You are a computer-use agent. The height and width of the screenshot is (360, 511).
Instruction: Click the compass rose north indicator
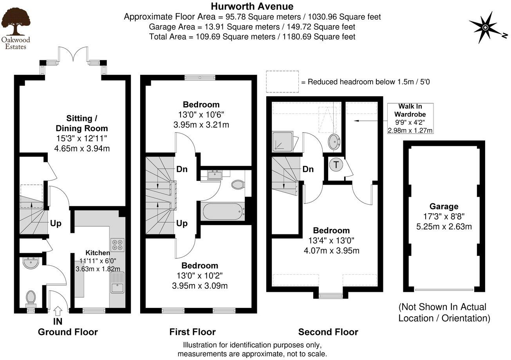[485, 27]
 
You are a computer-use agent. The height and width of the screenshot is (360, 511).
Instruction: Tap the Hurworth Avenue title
[252, 6]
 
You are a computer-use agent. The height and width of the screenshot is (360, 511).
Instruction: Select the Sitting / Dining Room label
[81, 123]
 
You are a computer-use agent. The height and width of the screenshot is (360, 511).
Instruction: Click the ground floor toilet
[31, 298]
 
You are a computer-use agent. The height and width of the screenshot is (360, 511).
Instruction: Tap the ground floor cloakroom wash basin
[30, 263]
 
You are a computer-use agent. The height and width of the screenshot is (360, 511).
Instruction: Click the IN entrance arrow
[58, 311]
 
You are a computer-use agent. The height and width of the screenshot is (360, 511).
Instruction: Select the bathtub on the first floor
[222, 211]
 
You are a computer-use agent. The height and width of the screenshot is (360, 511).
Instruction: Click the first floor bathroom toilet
[238, 184]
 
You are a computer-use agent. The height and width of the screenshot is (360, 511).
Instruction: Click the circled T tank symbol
[336, 165]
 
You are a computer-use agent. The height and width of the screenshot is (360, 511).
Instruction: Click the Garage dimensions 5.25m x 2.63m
[444, 227]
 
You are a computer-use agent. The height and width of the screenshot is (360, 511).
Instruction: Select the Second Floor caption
[328, 332]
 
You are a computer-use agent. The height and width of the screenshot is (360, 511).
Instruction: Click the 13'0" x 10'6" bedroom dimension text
[201, 115]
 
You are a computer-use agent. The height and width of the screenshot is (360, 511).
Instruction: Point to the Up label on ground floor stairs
[56, 223]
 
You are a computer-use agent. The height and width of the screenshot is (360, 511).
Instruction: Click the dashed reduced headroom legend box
[282, 81]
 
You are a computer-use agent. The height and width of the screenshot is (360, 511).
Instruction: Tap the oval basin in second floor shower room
[334, 142]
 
